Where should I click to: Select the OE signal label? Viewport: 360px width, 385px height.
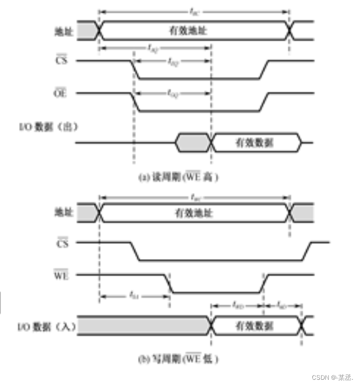coord(60,93)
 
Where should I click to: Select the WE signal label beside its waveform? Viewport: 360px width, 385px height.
coord(60,275)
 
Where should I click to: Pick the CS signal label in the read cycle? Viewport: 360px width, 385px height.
coord(61,61)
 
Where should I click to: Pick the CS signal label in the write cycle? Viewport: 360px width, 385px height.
coord(61,243)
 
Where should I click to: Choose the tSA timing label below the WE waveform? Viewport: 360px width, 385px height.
coord(135,295)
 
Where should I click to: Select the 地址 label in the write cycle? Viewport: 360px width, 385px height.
coord(60,213)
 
